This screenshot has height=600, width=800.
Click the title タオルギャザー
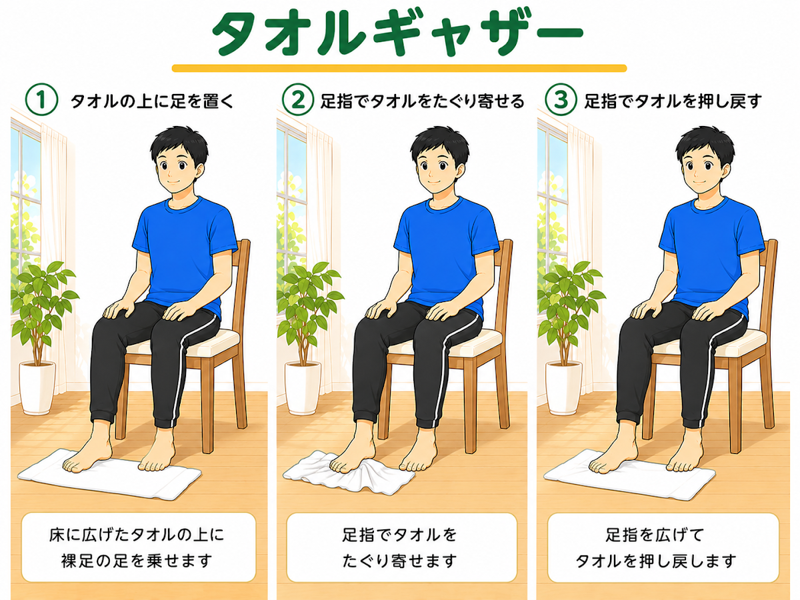tap(397, 33)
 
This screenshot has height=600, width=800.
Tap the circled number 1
tap(41, 99)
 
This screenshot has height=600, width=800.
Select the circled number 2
tap(298, 99)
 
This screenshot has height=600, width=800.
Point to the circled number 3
tap(561, 99)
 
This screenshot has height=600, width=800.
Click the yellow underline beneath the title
tap(399, 68)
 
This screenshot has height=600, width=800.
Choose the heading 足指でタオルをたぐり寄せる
tap(422, 101)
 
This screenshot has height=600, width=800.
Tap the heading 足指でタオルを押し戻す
tap(673, 101)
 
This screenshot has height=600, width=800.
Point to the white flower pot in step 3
tap(563, 387)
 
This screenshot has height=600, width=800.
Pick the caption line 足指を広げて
tap(655, 535)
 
